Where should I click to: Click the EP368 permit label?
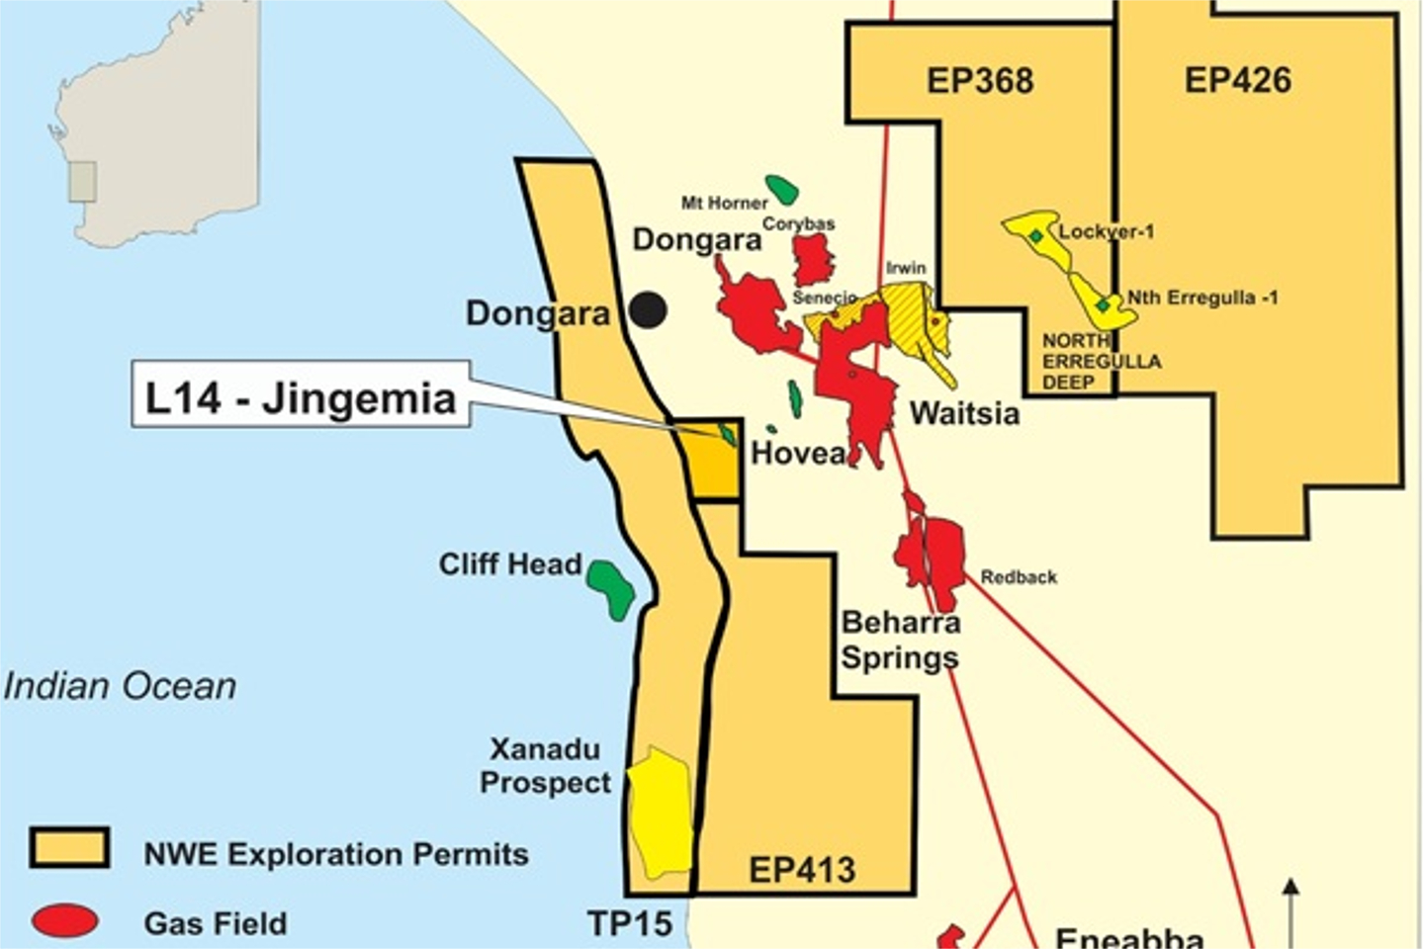(x=980, y=81)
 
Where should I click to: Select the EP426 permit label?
(x=1237, y=80)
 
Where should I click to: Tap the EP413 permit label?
(x=801, y=870)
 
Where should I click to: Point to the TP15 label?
(x=630, y=923)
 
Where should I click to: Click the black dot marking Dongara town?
(x=649, y=310)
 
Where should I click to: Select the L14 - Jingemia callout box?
(x=301, y=395)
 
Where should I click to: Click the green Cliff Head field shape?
(x=610, y=587)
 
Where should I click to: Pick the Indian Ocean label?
(x=120, y=686)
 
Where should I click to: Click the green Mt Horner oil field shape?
(x=782, y=189)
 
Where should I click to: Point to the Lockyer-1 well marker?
(x=1034, y=236)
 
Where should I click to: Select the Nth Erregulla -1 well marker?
(x=1103, y=304)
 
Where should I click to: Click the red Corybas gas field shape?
(x=814, y=260)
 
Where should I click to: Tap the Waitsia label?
(x=964, y=412)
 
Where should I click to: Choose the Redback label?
(x=1019, y=576)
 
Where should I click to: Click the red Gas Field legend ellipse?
(x=66, y=920)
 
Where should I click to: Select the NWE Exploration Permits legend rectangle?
(x=69, y=848)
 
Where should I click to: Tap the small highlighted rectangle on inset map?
(x=82, y=182)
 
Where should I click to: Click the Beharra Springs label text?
(x=900, y=640)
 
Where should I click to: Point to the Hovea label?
(x=797, y=453)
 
